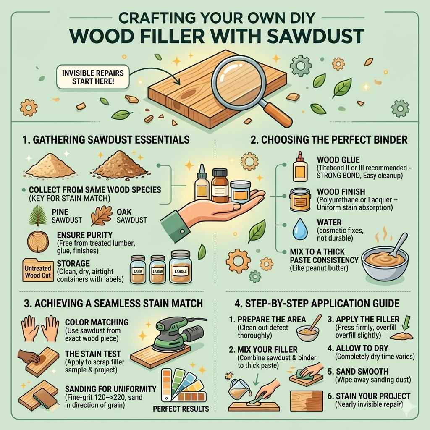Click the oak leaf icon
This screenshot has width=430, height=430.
(102, 215)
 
